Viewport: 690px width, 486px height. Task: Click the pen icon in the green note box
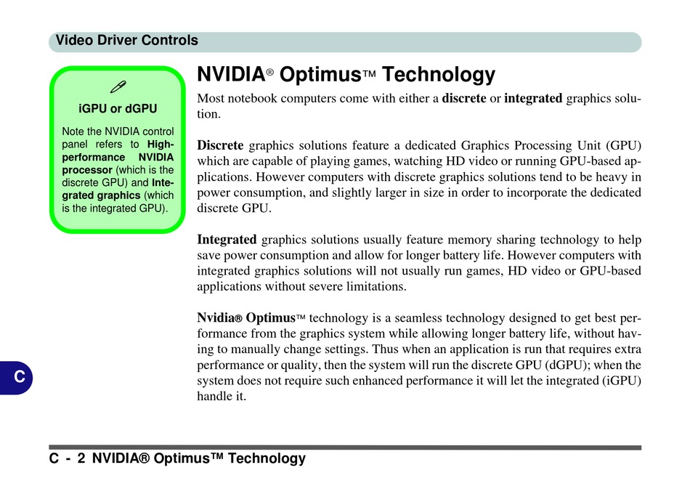(x=118, y=86)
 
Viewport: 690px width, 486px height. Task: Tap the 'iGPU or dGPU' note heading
(x=118, y=108)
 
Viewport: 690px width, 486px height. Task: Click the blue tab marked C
(x=17, y=377)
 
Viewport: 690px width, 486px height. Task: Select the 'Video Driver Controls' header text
(x=126, y=40)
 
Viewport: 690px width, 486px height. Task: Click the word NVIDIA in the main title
(x=231, y=74)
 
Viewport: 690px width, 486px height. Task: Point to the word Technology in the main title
(x=439, y=74)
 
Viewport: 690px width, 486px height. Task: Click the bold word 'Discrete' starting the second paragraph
(x=220, y=145)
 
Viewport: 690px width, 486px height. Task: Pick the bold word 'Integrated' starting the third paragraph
(x=227, y=240)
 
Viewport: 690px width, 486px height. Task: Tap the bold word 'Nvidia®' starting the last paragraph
(x=219, y=317)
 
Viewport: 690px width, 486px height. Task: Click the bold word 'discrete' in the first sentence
(x=464, y=98)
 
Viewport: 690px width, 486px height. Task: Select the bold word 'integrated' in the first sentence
(x=533, y=99)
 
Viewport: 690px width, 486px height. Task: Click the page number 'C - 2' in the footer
(x=68, y=458)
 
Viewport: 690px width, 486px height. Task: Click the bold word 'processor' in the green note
(x=87, y=170)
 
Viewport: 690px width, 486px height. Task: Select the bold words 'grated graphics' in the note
(x=101, y=195)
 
